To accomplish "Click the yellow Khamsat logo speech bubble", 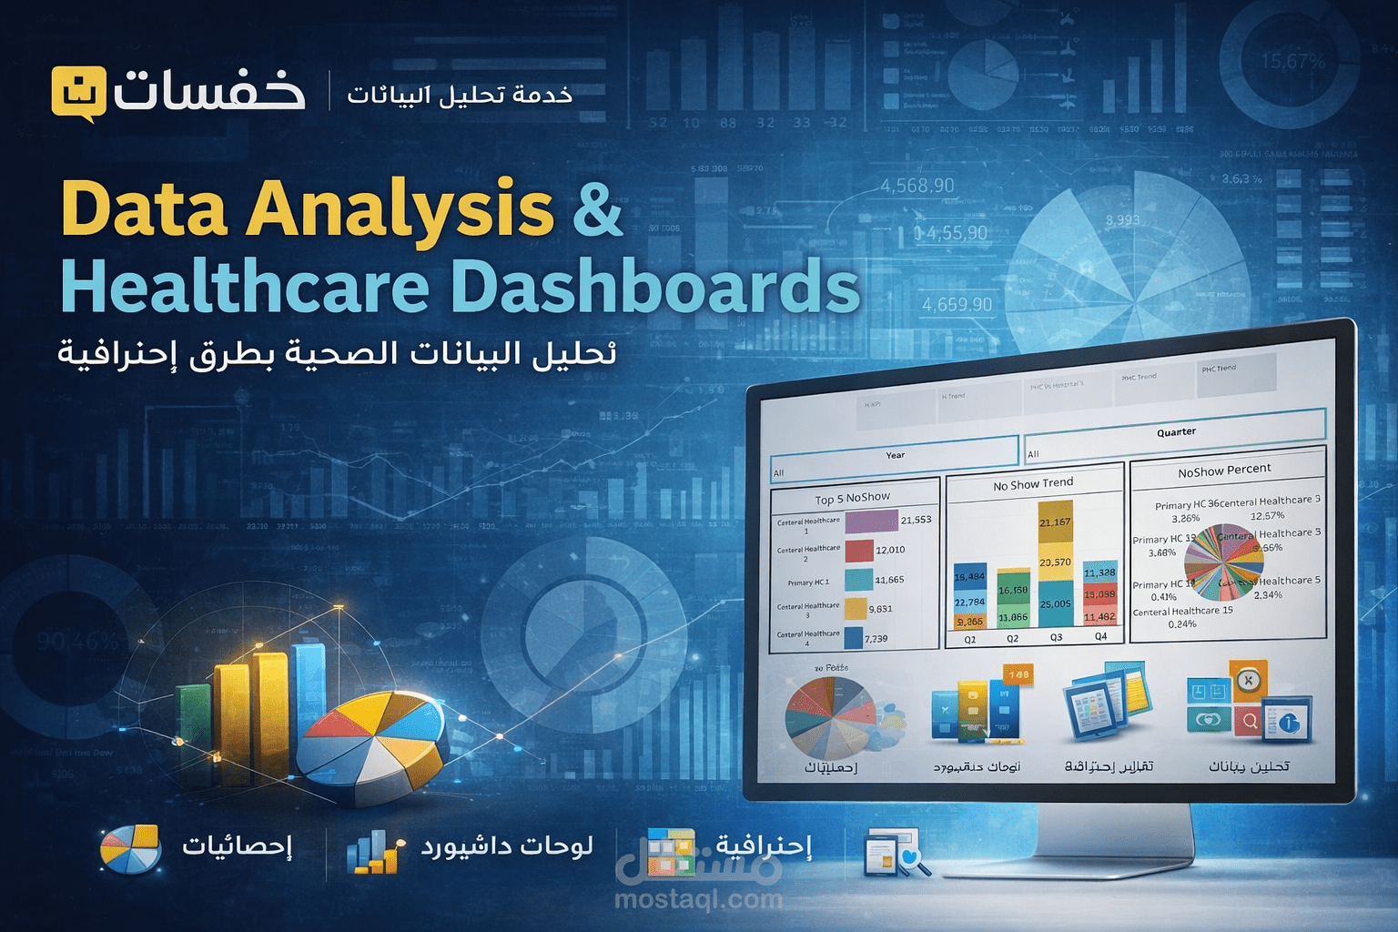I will click(78, 94).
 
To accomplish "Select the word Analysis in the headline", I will click(400, 209).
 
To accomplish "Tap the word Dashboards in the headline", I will click(655, 288).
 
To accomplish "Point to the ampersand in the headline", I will click(597, 209).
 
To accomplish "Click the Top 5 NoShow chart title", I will click(852, 498).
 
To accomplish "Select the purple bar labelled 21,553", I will click(871, 521).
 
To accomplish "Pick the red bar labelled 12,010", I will click(858, 551).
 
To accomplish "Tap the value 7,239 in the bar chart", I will click(876, 638).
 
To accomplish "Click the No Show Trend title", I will click(1033, 484).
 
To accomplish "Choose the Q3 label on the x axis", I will click(1056, 637).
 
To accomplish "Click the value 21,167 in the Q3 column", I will click(1055, 522).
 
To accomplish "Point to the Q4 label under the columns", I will click(1100, 636).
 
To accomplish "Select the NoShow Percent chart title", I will click(1224, 471).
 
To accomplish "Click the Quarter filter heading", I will click(1176, 431).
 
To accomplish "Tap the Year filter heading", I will click(895, 455).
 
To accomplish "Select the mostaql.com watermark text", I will click(698, 899).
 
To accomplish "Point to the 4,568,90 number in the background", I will click(917, 186).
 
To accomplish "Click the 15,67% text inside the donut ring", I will click(1292, 62).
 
